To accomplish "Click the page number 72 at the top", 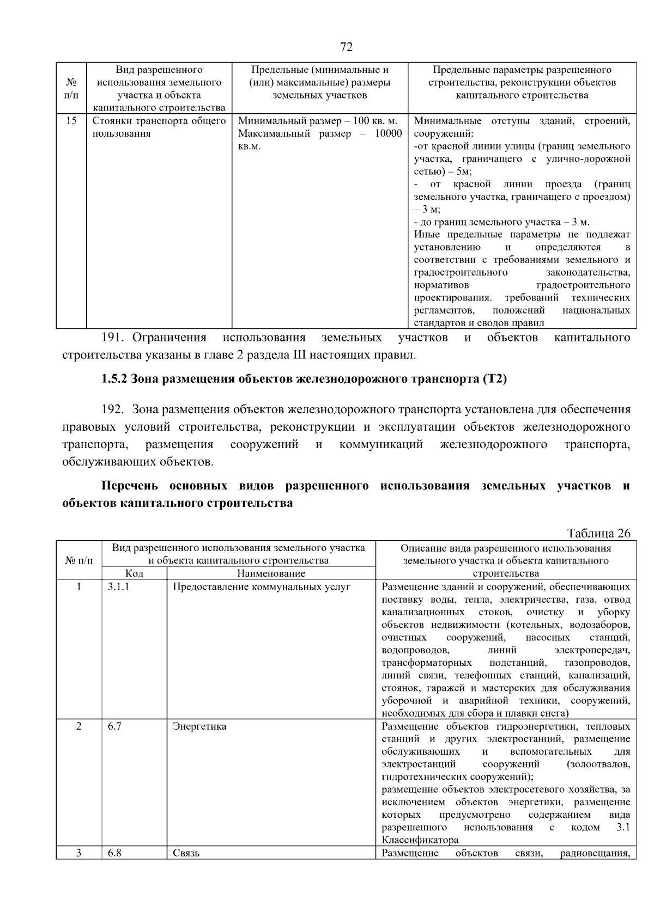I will [346, 47].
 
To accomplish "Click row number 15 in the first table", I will [71, 121].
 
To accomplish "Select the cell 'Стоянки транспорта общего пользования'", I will [159, 127].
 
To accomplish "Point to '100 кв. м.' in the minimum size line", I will [376, 121].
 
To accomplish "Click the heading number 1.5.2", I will [114, 379].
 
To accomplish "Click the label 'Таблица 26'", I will [598, 533].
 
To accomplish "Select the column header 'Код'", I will [134, 573].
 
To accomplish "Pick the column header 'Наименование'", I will [271, 573].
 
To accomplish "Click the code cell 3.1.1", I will [118, 586].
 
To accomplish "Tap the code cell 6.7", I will [114, 726].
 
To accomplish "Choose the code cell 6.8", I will [114, 853].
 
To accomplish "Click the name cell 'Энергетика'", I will [199, 726].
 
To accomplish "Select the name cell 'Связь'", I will [186, 853].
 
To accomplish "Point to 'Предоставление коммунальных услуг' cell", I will [261, 586].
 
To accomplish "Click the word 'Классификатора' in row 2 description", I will [420, 840].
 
